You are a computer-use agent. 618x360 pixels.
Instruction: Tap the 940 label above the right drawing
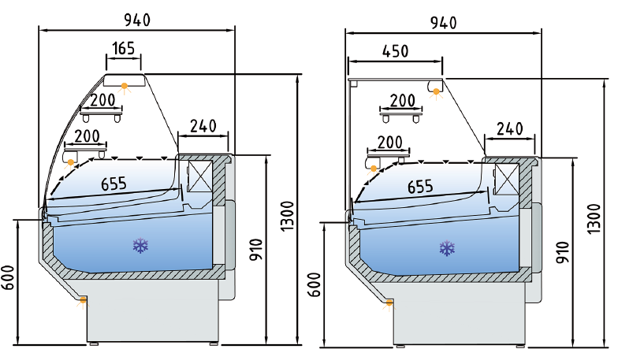[443, 22]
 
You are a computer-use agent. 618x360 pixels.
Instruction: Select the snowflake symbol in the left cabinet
[141, 247]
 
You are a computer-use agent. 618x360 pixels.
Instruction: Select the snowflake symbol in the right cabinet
[448, 250]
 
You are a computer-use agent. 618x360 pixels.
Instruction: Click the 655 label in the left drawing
[115, 184]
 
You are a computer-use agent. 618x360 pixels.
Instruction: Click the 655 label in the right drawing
[421, 187]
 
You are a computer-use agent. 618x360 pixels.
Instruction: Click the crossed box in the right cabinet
[504, 179]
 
